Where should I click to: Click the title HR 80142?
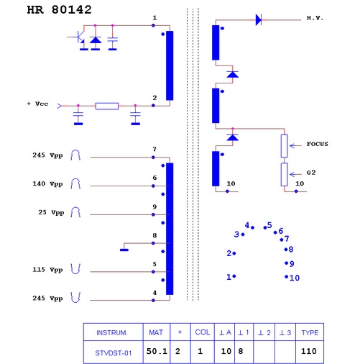pos(59,10)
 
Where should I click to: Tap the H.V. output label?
pos(315,18)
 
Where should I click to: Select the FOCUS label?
pos(318,144)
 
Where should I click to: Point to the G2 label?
pos(311,173)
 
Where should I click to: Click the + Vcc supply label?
pos(38,104)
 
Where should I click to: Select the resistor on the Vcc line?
pos(107,106)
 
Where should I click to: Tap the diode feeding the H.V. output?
pos(259,19)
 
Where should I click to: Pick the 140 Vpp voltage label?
pos(47,184)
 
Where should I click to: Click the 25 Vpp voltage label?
pos(51,213)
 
